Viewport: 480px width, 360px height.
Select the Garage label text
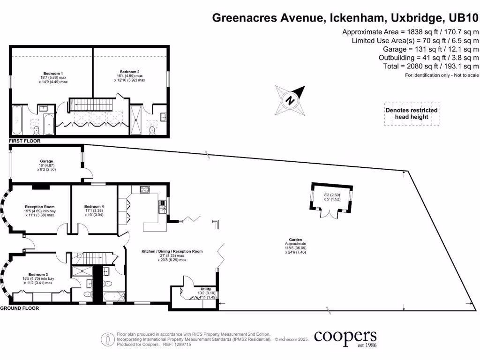(x=46, y=161)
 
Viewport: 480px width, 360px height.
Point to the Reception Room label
(x=40, y=207)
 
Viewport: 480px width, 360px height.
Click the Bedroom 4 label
(x=94, y=207)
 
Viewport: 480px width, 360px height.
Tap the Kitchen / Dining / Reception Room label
(x=172, y=251)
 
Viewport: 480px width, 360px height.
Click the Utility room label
(x=205, y=289)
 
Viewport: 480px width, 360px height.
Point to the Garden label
(x=295, y=239)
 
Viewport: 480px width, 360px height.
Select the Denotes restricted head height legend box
(x=412, y=113)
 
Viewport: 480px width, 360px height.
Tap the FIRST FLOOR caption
(x=24, y=141)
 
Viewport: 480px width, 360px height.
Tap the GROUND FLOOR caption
(x=20, y=308)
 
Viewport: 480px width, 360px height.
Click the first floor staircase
(x=91, y=104)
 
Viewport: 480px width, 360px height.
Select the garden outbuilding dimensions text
(x=331, y=197)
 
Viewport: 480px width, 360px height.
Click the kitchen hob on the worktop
(x=144, y=190)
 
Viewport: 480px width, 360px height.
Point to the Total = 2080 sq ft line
(x=431, y=66)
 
